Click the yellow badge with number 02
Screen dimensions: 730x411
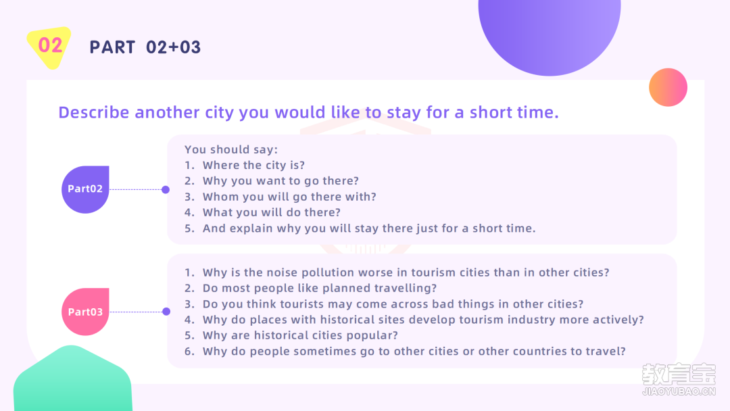49,47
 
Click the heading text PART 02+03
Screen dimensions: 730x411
145,47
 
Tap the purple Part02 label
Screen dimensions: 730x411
85,189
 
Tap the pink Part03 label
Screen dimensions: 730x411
85,312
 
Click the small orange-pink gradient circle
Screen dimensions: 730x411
668,87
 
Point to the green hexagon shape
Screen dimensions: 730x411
72,379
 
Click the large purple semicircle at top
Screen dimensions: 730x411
550,32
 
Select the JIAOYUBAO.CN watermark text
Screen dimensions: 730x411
679,391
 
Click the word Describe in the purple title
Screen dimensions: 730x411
93,112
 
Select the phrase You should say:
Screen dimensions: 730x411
231,149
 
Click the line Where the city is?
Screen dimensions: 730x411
253,165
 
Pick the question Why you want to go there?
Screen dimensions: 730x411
281,181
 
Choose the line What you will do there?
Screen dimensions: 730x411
272,213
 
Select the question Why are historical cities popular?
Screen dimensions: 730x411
300,335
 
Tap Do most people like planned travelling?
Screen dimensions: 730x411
320,289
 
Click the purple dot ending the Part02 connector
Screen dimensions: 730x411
166,189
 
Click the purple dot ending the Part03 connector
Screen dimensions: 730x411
166,312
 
